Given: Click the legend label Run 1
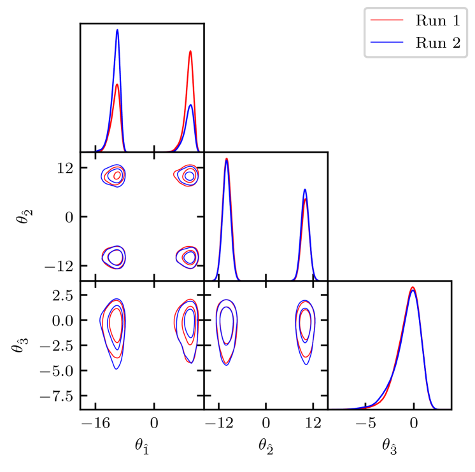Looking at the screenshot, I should (437, 20).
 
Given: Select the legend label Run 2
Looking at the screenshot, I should (437, 44).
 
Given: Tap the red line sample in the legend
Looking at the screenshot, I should (388, 20).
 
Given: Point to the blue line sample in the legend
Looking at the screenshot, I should (388, 44).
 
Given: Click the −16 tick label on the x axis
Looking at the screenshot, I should (95, 422).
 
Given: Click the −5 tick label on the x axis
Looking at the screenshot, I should (365, 422).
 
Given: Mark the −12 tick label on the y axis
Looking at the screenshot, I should (59, 265).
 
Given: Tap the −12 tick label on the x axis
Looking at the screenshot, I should (219, 422).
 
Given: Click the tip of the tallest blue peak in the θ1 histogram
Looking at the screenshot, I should (117, 29).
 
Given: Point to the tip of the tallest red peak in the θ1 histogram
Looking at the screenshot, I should (190, 51).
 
